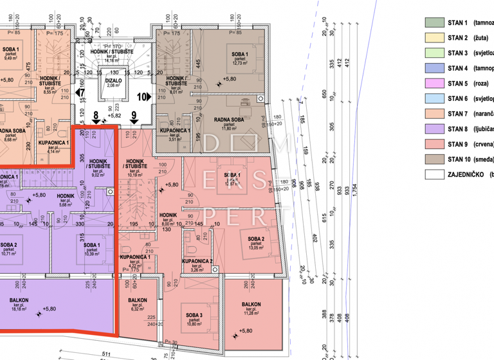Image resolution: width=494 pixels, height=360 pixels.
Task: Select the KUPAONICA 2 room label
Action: (x=197, y=262)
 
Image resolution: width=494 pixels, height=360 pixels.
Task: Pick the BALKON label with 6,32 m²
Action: (x=138, y=300)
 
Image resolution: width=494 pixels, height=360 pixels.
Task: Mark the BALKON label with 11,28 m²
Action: (x=251, y=305)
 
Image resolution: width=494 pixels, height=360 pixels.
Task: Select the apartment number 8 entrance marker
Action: (x=96, y=118)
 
